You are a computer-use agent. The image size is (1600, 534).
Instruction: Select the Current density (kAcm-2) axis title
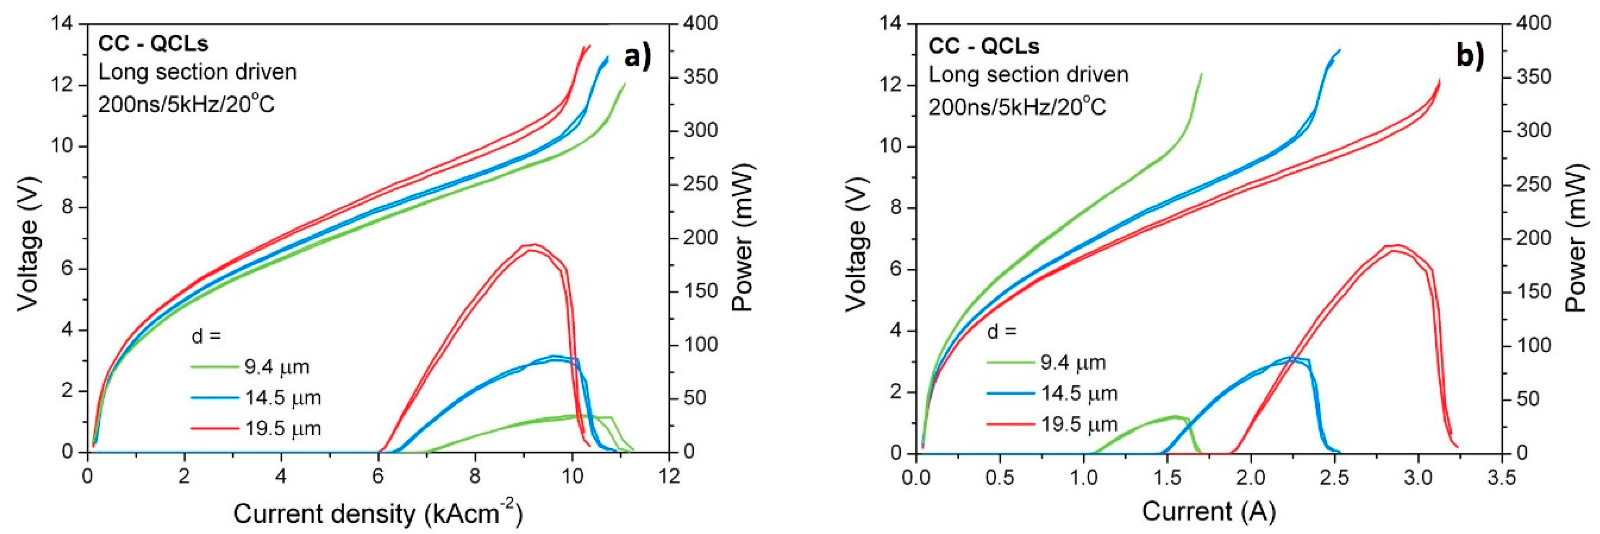click(x=377, y=514)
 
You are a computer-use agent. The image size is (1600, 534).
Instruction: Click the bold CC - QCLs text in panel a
click(x=153, y=44)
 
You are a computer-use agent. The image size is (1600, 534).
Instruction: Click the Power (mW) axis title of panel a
click(x=742, y=237)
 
